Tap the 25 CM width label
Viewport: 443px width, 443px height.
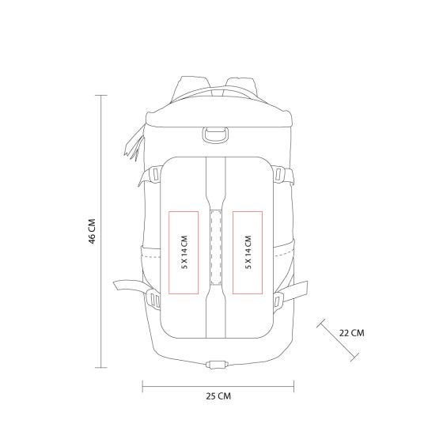click(x=219, y=396)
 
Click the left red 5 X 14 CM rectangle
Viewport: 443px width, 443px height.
click(x=184, y=251)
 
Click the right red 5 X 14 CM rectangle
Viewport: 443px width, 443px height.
click(x=250, y=251)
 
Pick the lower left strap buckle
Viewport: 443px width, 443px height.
click(x=153, y=299)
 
